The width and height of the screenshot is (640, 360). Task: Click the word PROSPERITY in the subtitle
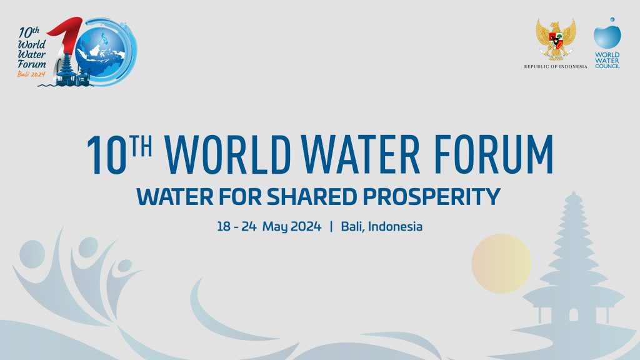click(x=432, y=197)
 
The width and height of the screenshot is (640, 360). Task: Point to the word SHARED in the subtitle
click(x=316, y=197)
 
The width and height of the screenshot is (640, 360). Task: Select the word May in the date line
click(x=274, y=226)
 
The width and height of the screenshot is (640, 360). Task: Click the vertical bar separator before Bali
click(x=331, y=226)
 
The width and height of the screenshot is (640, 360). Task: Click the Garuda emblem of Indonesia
click(x=556, y=39)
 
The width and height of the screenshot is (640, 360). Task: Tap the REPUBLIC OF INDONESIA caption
click(x=556, y=66)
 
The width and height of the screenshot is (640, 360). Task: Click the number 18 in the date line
click(x=224, y=226)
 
